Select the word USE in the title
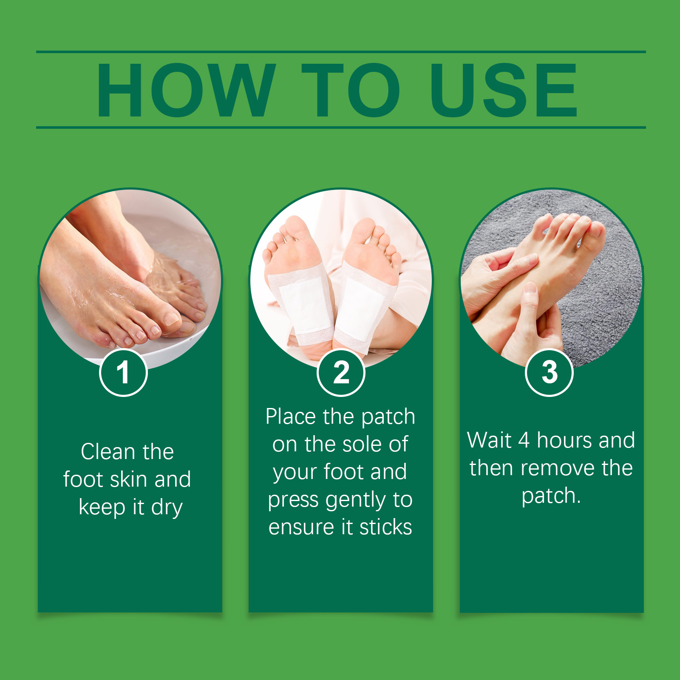pos(504,90)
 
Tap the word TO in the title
pos(351,90)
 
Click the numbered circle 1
pos(123,373)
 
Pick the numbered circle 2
pos(341,373)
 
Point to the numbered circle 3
pos(550,373)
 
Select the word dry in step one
pos(167,508)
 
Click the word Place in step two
pos(291,417)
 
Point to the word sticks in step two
pos(385,527)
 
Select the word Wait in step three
pos(489,440)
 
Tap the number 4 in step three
pos(524,440)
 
